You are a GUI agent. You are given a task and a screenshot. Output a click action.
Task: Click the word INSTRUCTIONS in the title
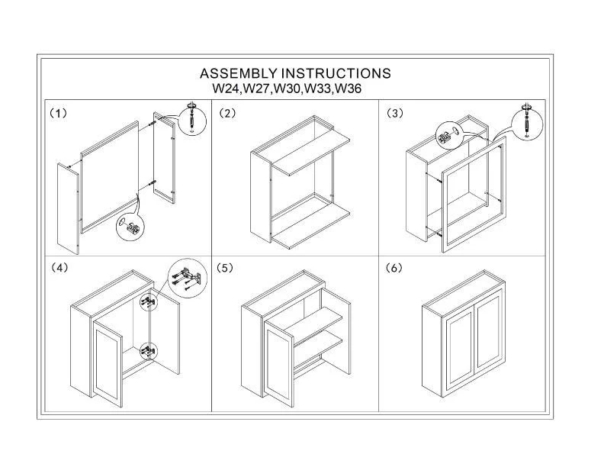(336, 74)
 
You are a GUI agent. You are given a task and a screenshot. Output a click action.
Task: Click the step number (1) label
(59, 113)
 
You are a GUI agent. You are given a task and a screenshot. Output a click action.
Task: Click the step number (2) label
(227, 113)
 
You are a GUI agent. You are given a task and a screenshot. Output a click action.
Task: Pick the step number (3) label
(394, 113)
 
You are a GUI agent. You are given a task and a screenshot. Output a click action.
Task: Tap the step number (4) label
(59, 269)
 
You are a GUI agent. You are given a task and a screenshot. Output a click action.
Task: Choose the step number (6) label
(394, 269)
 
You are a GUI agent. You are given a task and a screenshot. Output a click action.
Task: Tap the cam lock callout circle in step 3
(447, 137)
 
